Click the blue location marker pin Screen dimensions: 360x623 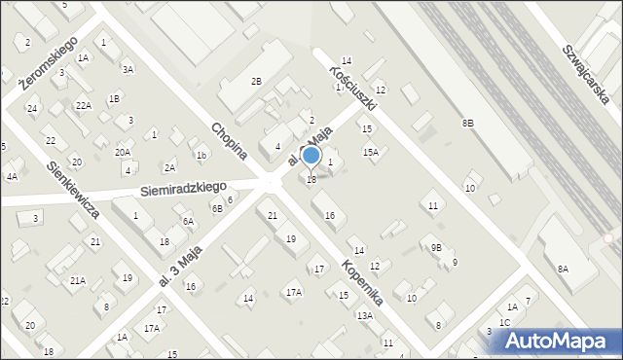pyautogui.click(x=311, y=157)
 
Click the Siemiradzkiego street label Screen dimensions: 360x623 pyautogui.click(x=183, y=188)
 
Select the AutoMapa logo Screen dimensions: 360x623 pyautogui.click(x=555, y=341)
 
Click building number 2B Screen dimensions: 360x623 pyautogui.click(x=256, y=82)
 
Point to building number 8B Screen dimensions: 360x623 pyautogui.click(x=467, y=123)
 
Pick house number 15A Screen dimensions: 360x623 pyautogui.click(x=370, y=152)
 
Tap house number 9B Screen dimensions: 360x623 pyautogui.click(x=436, y=248)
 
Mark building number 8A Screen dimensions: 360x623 pyautogui.click(x=563, y=269)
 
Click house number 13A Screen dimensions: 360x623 pyautogui.click(x=364, y=315)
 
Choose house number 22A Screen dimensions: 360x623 pyautogui.click(x=84, y=105)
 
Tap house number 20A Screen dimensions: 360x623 pyautogui.click(x=123, y=152)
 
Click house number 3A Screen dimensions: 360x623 pyautogui.click(x=128, y=69)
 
